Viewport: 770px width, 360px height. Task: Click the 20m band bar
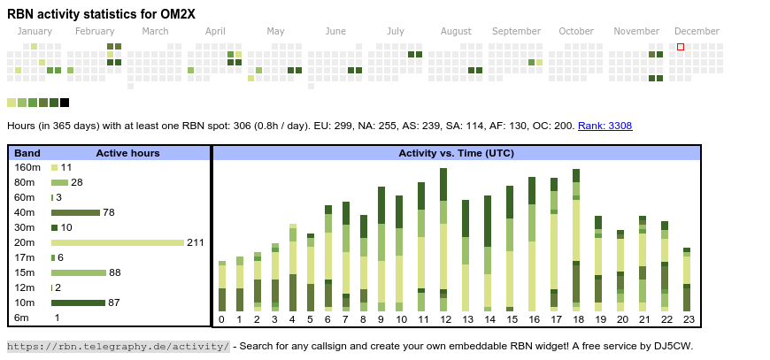point(118,242)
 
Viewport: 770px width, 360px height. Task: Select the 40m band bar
point(75,212)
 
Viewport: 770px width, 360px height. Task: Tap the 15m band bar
point(79,272)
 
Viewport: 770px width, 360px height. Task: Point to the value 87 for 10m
point(114,303)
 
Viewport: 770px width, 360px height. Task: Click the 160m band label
point(27,167)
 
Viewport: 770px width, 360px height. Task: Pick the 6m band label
point(22,318)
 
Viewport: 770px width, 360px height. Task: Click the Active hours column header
point(127,153)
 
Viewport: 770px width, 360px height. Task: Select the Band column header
point(27,153)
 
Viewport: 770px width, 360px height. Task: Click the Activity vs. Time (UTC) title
point(456,153)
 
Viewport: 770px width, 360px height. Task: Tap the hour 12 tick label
point(446,319)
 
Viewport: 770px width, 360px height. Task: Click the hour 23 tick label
point(687,319)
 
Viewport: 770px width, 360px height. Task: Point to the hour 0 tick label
point(221,319)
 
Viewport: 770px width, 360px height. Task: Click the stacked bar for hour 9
point(381,249)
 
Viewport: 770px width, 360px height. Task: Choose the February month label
point(95,31)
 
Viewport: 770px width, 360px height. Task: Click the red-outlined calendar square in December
point(681,47)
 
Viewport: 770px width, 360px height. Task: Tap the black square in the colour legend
point(65,103)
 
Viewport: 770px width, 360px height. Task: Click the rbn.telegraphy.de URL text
point(118,346)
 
